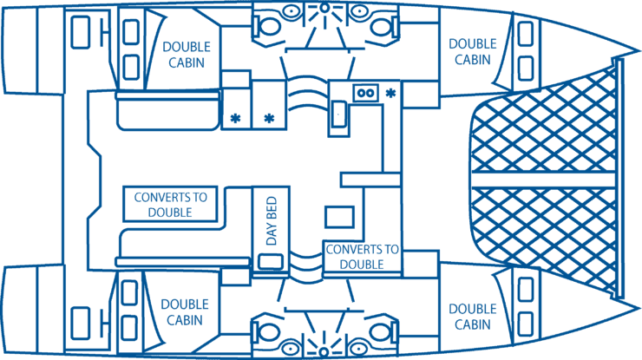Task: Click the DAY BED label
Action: click(271, 220)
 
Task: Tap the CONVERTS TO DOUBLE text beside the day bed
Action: click(362, 257)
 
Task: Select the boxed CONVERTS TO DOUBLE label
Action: click(171, 204)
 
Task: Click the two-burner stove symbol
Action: click(365, 92)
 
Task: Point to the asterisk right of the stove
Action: click(390, 93)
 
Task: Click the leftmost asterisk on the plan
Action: click(234, 118)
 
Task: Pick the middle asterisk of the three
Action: click(269, 118)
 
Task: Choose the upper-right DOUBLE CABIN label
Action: click(473, 51)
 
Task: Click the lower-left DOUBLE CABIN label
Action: click(184, 312)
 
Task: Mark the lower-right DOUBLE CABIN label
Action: click(473, 317)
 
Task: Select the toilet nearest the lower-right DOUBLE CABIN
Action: click(377, 331)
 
